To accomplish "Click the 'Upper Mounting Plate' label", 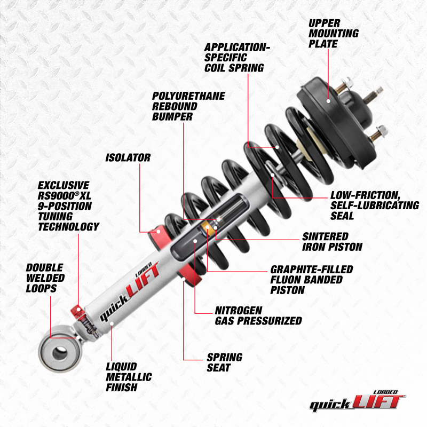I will point(333,33).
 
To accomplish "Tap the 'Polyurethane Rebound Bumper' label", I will point(188,106).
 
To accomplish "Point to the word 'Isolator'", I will point(128,158).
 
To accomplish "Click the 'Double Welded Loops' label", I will point(45,278).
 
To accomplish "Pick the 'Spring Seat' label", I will point(224,362).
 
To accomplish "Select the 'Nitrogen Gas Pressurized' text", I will point(258,315).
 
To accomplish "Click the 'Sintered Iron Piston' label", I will point(332,241).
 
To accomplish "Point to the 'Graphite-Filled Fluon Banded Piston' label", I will point(312,280).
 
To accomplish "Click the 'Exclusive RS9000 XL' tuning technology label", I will point(68,206).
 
